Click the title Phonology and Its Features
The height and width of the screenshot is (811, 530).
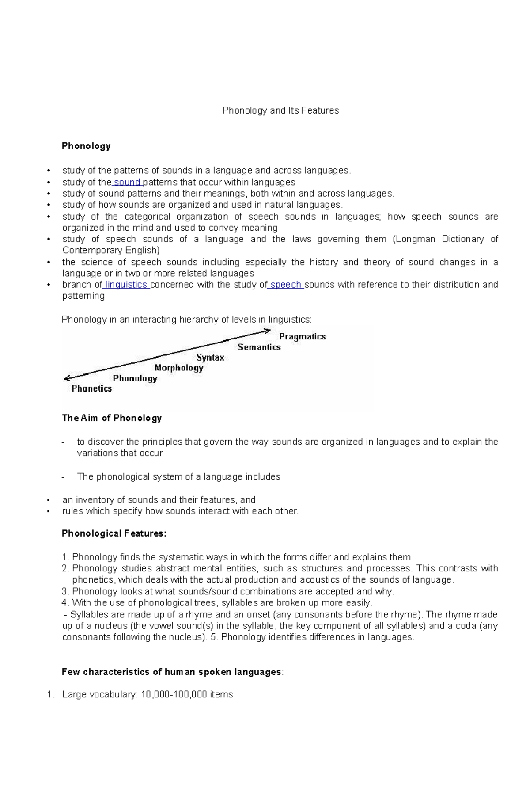(280, 110)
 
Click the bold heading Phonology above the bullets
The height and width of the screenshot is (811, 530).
(86, 146)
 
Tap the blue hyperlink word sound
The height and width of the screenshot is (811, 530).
(127, 182)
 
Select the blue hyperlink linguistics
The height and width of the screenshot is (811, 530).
(126, 285)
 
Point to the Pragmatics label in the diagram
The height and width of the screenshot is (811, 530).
(302, 336)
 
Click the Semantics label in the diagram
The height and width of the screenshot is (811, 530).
(259, 347)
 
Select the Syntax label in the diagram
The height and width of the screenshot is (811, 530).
(210, 358)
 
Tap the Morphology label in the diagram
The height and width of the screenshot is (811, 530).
(179, 368)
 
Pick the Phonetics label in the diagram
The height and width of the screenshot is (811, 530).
(91, 388)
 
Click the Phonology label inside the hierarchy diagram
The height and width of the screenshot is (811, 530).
(135, 378)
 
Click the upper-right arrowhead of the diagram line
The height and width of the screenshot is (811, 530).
(268, 330)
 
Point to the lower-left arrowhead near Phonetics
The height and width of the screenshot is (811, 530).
(67, 378)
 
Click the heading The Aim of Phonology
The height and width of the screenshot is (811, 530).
(112, 418)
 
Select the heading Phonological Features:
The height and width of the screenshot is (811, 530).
(114, 533)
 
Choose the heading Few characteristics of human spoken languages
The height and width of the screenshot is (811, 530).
(171, 672)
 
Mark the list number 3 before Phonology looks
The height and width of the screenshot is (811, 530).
(65, 591)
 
